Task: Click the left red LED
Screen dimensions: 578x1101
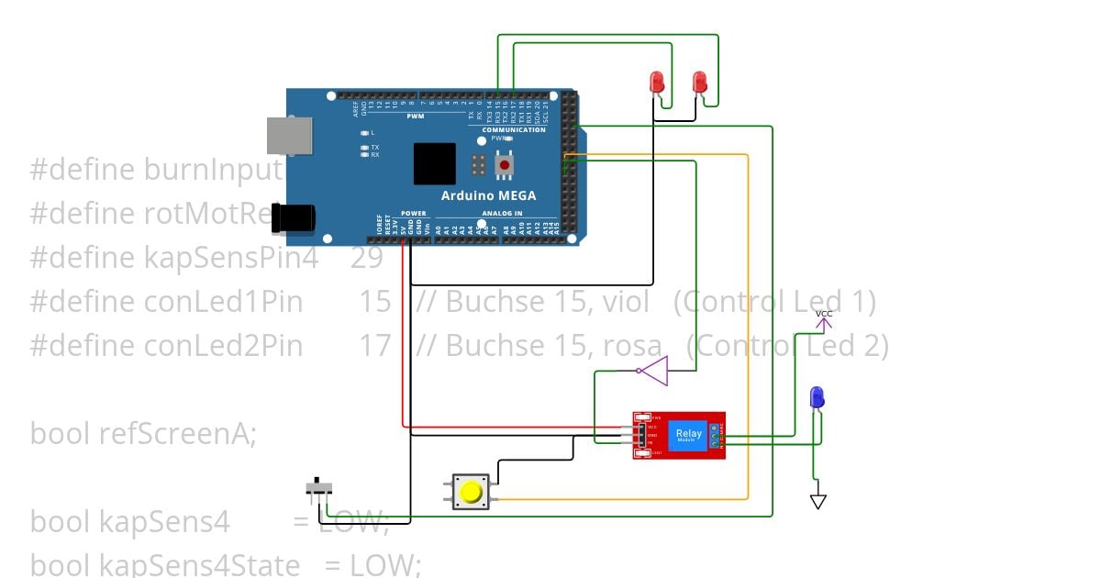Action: coord(657,83)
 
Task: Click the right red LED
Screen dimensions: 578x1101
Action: coord(699,83)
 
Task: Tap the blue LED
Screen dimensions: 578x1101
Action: coord(817,398)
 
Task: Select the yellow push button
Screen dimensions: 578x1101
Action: coord(472,492)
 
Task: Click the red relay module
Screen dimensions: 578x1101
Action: coord(679,435)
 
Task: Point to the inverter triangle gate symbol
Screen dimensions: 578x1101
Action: coord(653,372)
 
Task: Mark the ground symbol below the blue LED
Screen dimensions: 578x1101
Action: coord(817,502)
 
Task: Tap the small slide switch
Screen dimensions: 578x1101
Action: coord(318,486)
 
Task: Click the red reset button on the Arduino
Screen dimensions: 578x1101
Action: coord(504,165)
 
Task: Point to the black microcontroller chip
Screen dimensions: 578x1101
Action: coord(434,164)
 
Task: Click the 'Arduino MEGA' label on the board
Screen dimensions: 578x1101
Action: coord(488,195)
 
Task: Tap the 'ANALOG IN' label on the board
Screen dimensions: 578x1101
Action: coord(501,214)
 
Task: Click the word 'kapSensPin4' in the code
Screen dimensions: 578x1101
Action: coord(231,258)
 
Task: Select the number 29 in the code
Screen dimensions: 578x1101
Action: coord(367,258)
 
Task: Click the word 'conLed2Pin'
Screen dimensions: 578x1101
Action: coord(223,345)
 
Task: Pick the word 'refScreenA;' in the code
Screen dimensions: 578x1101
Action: coord(177,432)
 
